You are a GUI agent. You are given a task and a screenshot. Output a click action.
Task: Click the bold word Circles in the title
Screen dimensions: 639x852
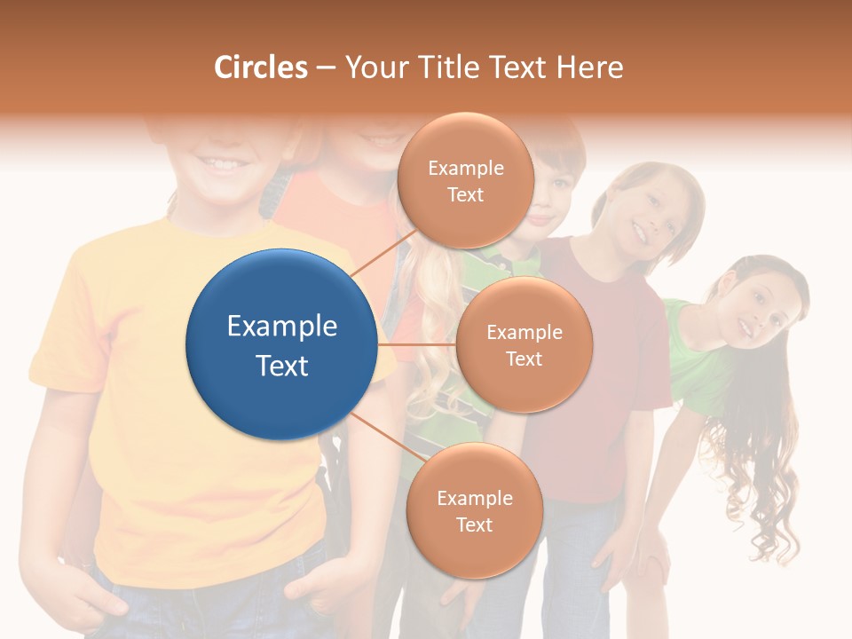[261, 67]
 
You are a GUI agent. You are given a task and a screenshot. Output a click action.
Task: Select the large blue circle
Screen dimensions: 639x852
[281, 344]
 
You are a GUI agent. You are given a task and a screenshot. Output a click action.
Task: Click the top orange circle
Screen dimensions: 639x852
[465, 180]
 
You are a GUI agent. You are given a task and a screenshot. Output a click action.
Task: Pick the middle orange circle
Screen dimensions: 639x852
[524, 344]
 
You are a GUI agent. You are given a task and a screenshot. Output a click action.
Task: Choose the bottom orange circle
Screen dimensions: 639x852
[474, 510]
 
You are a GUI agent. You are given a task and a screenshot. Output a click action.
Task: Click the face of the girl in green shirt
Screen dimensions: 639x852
[754, 311]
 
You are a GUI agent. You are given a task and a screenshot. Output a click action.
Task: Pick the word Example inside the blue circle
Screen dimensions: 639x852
[281, 327]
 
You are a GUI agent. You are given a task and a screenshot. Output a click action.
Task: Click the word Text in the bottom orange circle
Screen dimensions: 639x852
[474, 525]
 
